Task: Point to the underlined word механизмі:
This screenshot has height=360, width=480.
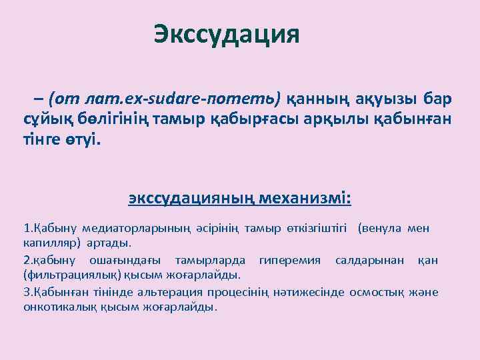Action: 309,199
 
